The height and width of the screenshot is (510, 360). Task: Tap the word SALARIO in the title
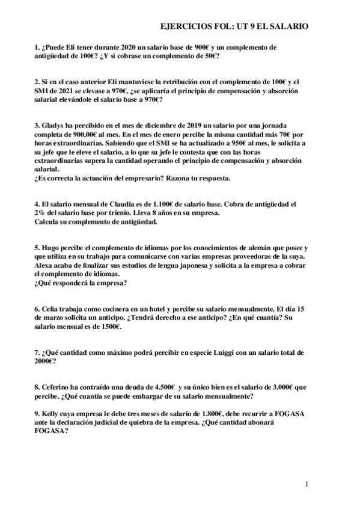[288, 26]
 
